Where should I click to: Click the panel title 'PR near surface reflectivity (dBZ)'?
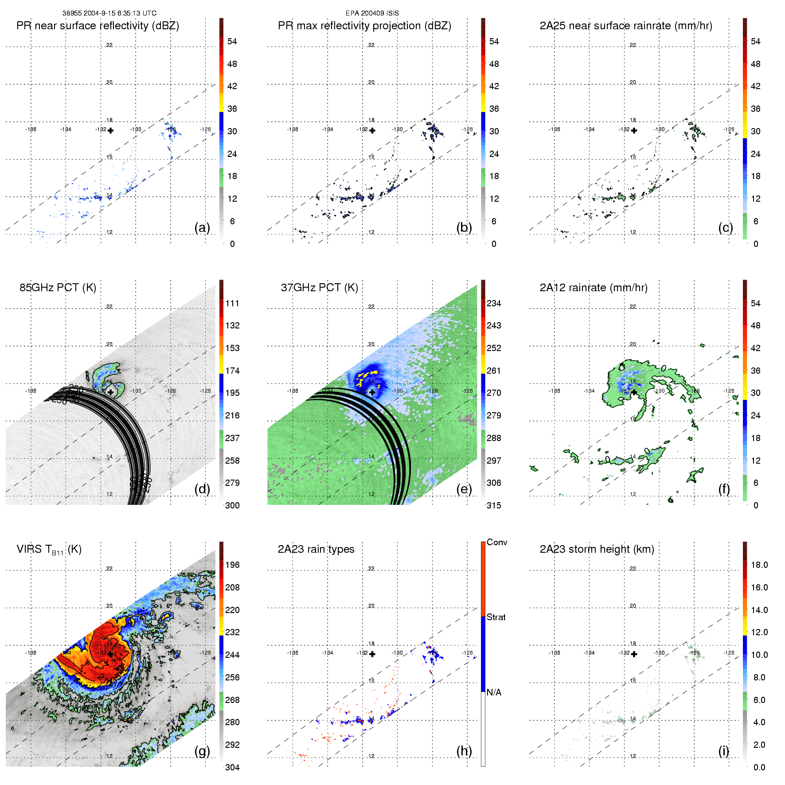(x=98, y=26)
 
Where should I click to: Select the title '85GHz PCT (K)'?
(x=58, y=288)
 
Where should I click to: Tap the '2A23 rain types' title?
(x=316, y=549)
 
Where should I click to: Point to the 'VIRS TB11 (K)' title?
(x=49, y=550)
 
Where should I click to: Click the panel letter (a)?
(x=202, y=227)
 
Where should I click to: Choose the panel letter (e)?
(x=464, y=489)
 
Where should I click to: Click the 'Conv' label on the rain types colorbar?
(x=497, y=542)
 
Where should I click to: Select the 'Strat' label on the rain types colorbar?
(x=496, y=617)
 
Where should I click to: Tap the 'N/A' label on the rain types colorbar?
(x=494, y=692)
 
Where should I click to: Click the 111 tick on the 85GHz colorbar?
(x=232, y=303)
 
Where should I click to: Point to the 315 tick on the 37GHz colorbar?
(x=494, y=505)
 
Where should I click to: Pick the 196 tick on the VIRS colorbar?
(x=232, y=565)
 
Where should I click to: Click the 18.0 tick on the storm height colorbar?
(x=759, y=565)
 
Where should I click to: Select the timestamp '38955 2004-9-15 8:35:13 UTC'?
(x=109, y=13)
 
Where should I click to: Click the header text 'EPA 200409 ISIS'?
(x=372, y=13)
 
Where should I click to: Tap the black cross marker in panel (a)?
(x=110, y=130)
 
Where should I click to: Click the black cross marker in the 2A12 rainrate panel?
(x=634, y=392)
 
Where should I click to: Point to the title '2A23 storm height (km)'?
(x=597, y=549)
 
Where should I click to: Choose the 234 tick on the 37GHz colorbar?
(x=494, y=303)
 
